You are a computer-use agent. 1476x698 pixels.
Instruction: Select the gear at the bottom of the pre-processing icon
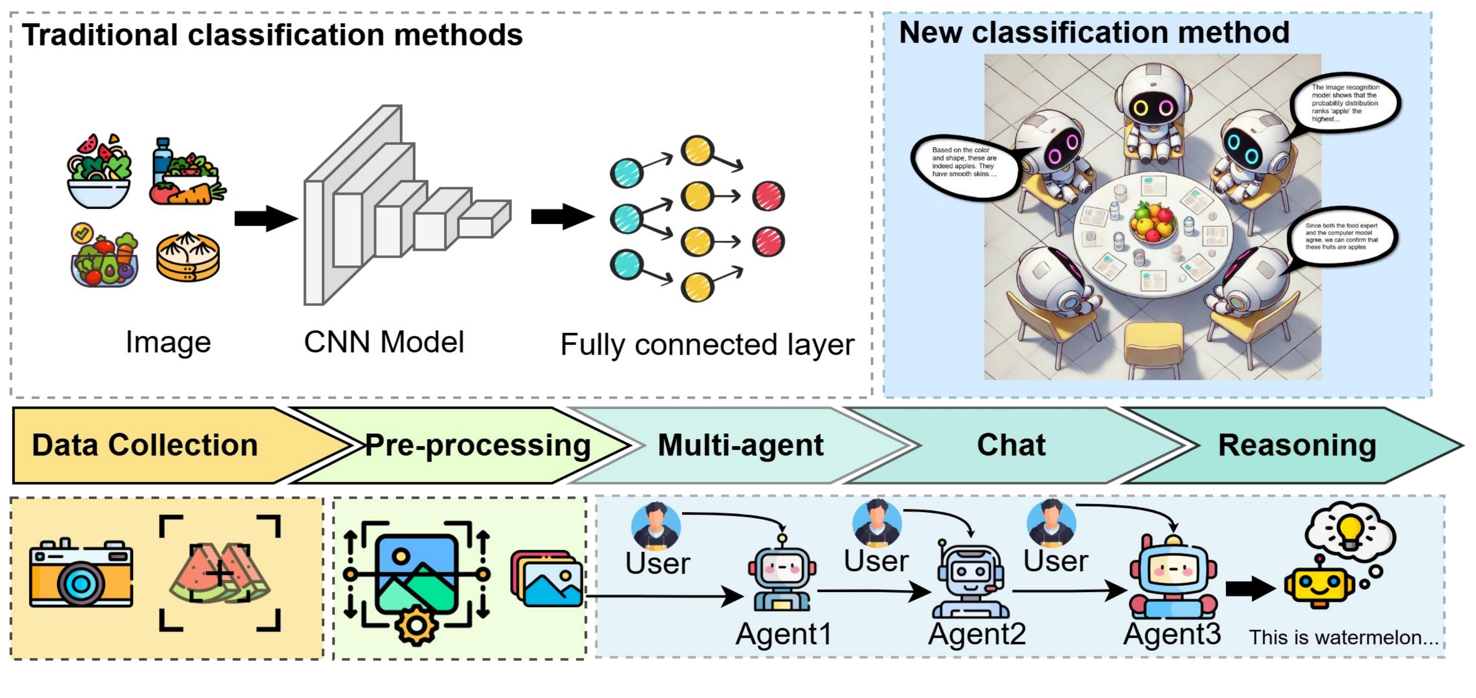click(x=416, y=625)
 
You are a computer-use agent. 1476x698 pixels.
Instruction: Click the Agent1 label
click(x=783, y=634)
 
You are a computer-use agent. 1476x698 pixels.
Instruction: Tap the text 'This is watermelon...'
click(x=1343, y=637)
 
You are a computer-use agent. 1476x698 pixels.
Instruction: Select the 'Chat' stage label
click(x=1011, y=445)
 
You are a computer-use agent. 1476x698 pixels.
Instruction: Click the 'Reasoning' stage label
click(x=1296, y=445)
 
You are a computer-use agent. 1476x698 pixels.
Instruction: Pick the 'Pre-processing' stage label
click(x=477, y=445)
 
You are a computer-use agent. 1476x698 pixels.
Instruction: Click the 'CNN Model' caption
click(x=384, y=342)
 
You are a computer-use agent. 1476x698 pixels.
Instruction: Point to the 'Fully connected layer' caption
click(x=707, y=344)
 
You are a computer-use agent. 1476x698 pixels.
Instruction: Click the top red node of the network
click(x=768, y=196)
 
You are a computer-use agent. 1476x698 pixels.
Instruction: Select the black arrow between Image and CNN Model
click(x=265, y=218)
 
